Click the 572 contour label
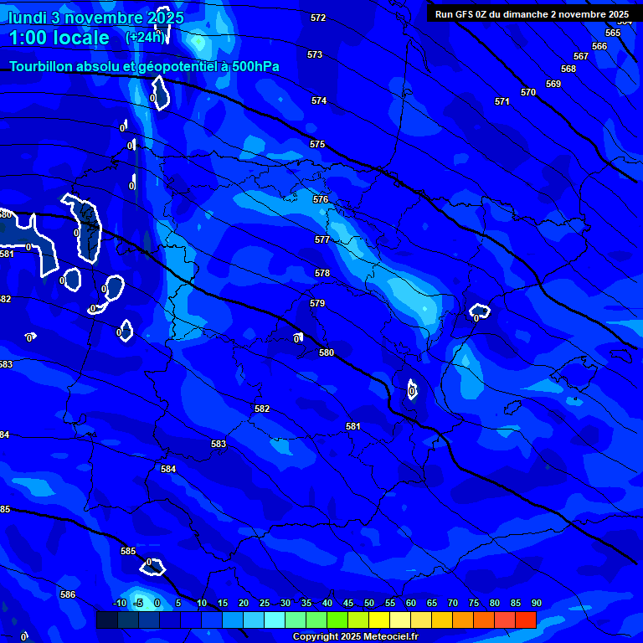[x=318, y=18]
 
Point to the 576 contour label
[x=321, y=200]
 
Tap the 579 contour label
[x=317, y=303]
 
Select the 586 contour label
[x=68, y=594]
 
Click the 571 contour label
[x=502, y=101]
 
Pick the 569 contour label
[x=553, y=84]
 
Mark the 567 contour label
[x=581, y=56]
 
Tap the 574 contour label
[x=319, y=100]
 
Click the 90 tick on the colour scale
[x=536, y=603]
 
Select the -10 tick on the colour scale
[x=119, y=603]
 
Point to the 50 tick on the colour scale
[x=369, y=603]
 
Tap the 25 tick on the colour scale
[x=265, y=603]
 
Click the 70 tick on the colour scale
[x=453, y=603]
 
